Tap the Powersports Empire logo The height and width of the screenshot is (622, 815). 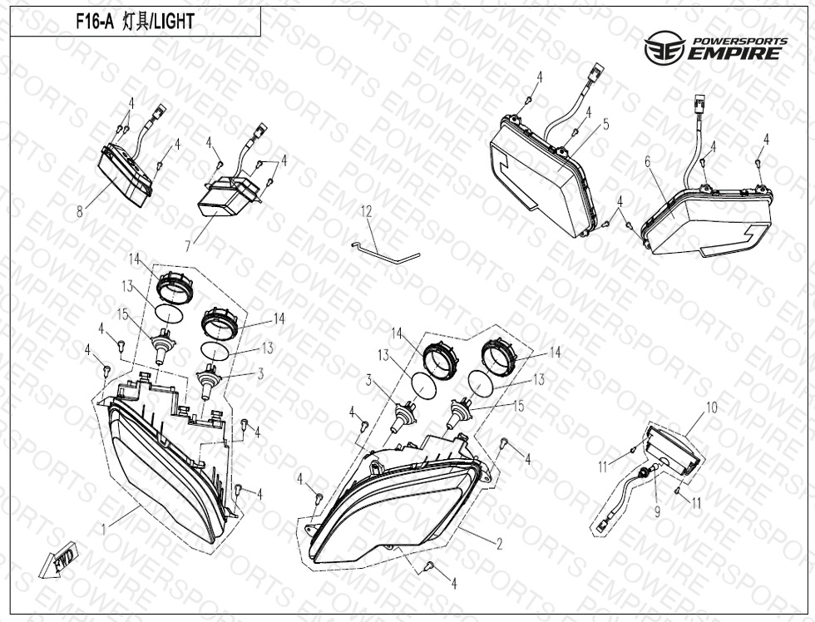pos(716,47)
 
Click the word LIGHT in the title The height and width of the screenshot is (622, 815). pos(173,22)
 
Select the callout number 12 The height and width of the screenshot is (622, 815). pos(367,211)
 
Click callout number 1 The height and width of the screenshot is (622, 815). pos(104,530)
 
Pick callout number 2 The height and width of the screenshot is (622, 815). pos(500,544)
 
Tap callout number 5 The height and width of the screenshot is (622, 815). pos(606,124)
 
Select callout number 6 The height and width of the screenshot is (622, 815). pos(648,161)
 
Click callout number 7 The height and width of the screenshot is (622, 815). pos(188,244)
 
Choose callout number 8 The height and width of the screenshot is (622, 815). pos(80,211)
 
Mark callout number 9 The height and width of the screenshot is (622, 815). pos(657,512)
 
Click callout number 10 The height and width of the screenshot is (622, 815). pos(711,407)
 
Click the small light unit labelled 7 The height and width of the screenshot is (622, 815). pos(228,195)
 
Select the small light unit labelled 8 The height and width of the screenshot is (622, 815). pos(126,175)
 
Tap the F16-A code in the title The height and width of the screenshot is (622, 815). pos(94,22)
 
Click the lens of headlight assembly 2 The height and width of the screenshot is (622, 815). pos(395,512)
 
